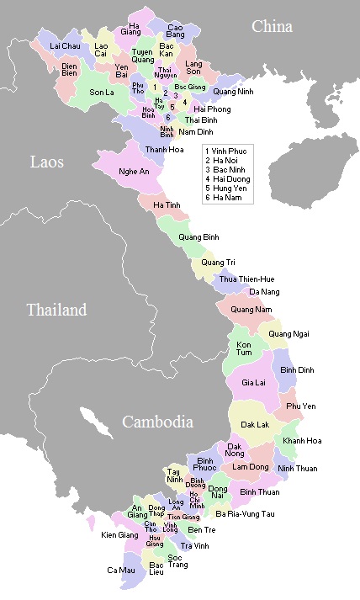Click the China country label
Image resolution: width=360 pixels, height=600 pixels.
click(x=272, y=27)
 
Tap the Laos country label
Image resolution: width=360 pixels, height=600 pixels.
click(x=46, y=162)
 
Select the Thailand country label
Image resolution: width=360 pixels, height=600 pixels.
click(x=56, y=310)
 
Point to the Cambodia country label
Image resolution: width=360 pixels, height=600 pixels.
click(x=156, y=422)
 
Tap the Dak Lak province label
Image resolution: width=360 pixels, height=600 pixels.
click(x=255, y=425)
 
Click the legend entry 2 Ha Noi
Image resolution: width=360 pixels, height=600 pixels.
click(x=225, y=160)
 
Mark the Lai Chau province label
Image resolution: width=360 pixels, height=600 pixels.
click(x=65, y=45)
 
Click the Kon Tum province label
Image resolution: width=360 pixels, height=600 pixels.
click(x=244, y=349)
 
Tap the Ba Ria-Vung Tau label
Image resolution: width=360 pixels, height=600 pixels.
click(x=245, y=513)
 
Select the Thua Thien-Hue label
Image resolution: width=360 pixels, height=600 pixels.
click(x=247, y=279)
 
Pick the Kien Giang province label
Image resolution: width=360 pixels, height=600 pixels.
click(x=119, y=534)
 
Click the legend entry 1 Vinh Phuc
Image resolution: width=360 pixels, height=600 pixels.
click(x=229, y=150)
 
